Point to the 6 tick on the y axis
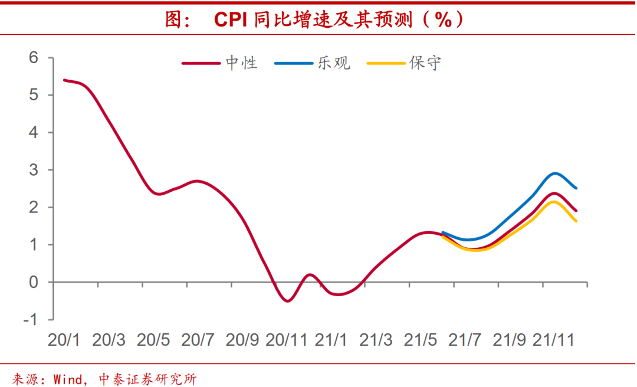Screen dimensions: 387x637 tap(34, 58)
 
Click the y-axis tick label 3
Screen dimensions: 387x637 tap(34, 170)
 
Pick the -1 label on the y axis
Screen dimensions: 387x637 tap(31, 319)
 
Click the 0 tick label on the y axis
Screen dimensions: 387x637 tap(34, 282)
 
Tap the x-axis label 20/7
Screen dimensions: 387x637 tap(198, 340)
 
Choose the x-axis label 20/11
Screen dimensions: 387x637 tap(287, 340)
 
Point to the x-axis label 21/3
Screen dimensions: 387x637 tap(376, 340)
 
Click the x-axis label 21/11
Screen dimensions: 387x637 tap(554, 340)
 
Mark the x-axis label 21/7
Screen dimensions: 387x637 tap(465, 340)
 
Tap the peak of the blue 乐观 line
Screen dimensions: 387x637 tap(555, 173)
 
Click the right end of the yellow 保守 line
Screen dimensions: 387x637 tap(576, 221)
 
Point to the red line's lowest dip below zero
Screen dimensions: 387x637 tap(288, 301)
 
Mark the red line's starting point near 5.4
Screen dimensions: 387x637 tap(64, 80)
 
